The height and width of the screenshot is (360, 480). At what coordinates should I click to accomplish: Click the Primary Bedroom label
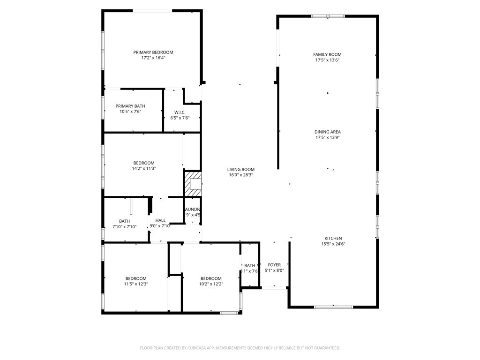153,52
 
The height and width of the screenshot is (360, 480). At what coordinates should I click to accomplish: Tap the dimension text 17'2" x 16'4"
153,58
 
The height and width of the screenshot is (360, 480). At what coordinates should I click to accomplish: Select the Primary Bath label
130,106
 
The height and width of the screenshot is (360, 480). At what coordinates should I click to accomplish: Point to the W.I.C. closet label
180,112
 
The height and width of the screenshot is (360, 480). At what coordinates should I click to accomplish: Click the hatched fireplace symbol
193,184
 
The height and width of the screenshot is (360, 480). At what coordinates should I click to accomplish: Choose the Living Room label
241,169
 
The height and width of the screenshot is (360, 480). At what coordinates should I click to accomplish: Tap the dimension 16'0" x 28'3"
241,175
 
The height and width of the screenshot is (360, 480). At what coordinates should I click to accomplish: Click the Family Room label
327,54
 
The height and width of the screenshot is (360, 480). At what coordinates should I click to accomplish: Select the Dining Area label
327,132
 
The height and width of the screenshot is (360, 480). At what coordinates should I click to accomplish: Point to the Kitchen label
333,238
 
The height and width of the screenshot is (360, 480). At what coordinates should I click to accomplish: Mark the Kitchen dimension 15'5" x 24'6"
333,244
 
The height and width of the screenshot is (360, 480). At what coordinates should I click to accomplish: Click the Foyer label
274,265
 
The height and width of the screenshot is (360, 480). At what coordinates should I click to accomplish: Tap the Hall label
160,220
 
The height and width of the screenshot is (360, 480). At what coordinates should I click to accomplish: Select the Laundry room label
193,209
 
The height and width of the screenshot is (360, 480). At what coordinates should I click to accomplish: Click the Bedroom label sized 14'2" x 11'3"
143,163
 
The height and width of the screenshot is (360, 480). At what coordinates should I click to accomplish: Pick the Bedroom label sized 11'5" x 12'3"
135,278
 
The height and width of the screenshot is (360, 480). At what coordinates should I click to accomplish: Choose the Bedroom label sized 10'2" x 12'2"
211,278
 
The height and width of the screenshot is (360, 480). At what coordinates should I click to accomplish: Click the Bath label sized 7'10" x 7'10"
124,221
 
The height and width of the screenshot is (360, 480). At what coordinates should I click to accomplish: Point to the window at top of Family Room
328,16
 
